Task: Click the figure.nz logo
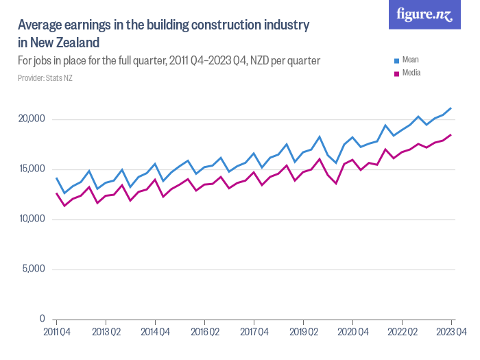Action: pos(424,15)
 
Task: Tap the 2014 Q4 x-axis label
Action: pos(155,333)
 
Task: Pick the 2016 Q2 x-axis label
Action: pos(204,333)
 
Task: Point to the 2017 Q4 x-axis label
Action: pos(254,333)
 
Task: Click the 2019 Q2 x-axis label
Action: pos(303,333)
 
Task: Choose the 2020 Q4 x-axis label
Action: pos(352,333)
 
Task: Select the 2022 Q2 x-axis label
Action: pos(402,333)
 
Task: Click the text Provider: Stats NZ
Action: pos(45,78)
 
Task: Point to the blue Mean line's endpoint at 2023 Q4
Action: pos(451,108)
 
